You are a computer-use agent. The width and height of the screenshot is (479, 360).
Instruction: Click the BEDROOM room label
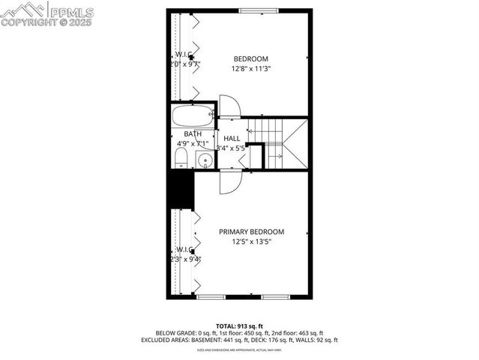[x=250, y=58]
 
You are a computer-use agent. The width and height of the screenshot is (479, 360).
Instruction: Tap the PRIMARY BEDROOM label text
[x=251, y=232]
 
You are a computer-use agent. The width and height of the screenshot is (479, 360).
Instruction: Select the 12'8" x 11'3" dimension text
[x=250, y=69]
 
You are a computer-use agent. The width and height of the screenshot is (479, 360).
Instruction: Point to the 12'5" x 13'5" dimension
[x=251, y=241]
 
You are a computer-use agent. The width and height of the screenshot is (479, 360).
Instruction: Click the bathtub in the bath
[x=193, y=116]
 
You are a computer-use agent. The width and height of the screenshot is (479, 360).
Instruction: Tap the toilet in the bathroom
[x=181, y=157]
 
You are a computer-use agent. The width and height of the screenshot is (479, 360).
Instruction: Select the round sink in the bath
[x=203, y=159]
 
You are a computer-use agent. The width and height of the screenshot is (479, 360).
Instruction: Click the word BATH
[x=193, y=134]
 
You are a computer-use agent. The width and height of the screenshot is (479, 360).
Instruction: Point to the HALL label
[x=232, y=139]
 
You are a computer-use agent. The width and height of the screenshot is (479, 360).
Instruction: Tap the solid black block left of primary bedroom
[x=181, y=190]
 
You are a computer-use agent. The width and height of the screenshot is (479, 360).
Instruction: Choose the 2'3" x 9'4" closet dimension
[x=184, y=259]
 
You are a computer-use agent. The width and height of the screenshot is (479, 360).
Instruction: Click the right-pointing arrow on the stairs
[x=278, y=156]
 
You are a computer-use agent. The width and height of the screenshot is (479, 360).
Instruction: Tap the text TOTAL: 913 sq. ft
[x=238, y=325]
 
